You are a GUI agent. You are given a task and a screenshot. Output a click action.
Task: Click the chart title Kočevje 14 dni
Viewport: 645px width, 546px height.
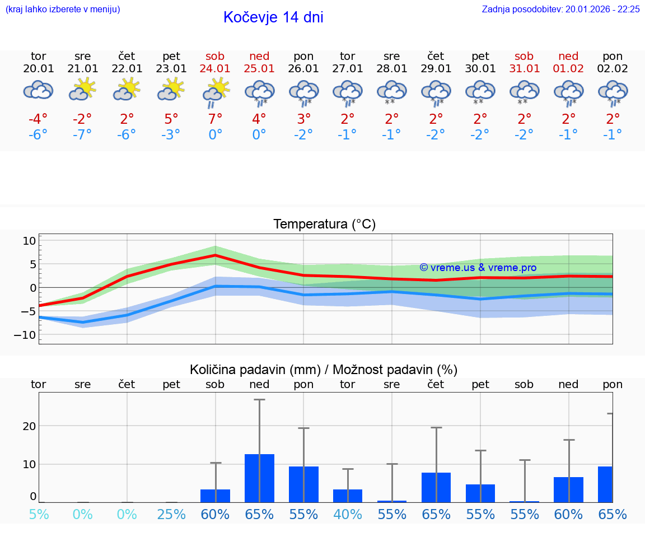[x=273, y=17]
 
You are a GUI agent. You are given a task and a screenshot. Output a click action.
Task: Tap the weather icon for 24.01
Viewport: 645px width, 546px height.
[x=216, y=92]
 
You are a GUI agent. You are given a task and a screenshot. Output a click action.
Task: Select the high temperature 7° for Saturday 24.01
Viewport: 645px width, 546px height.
[x=216, y=119]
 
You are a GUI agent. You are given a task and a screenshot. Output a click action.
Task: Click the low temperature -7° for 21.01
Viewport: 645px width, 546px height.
[x=82, y=135]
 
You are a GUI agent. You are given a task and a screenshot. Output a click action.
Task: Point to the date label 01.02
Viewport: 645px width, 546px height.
[x=569, y=69]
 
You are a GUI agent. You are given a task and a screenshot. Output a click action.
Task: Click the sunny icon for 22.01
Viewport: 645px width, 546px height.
[x=127, y=89]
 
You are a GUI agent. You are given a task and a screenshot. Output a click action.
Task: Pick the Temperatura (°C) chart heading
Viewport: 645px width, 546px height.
[x=324, y=225]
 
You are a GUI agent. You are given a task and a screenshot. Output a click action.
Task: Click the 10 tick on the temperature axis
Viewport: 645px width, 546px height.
[x=29, y=241]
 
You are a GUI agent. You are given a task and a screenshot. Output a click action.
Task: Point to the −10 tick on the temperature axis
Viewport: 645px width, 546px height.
[x=26, y=335]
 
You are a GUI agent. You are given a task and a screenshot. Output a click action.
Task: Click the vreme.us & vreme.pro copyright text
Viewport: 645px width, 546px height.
[x=478, y=268]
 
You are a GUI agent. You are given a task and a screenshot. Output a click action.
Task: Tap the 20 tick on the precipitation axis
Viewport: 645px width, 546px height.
[x=29, y=426]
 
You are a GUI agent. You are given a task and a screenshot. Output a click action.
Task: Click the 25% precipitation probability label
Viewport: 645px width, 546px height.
[x=171, y=514]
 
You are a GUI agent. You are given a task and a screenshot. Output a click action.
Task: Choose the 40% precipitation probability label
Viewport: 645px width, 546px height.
[x=348, y=514]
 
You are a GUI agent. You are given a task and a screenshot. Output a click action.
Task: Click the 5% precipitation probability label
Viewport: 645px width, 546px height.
[x=39, y=514]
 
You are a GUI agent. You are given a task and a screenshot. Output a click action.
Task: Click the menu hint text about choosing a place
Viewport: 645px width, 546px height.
[x=63, y=10]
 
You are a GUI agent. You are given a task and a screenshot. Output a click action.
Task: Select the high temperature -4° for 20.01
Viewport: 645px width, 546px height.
[x=39, y=119]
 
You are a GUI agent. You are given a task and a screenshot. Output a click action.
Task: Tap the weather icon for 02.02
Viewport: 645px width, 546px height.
[x=613, y=92]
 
